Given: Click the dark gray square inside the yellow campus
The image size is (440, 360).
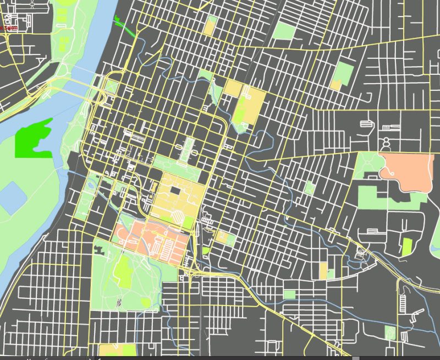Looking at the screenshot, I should coord(176,190).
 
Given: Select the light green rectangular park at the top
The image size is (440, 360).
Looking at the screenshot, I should coord(284,31).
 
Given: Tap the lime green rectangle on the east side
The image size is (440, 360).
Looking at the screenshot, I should coord(407,246).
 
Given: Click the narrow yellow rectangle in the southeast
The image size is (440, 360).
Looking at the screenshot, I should coord(323,271).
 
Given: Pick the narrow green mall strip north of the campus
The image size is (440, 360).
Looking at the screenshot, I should coord(190,148).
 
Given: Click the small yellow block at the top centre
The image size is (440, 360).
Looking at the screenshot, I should coord(210,26).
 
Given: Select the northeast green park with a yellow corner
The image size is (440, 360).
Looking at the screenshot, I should coord(343,75).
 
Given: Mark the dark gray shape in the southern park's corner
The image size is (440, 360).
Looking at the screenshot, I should coord(100,249).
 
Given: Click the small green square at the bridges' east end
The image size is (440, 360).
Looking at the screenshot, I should coord(112,86).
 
